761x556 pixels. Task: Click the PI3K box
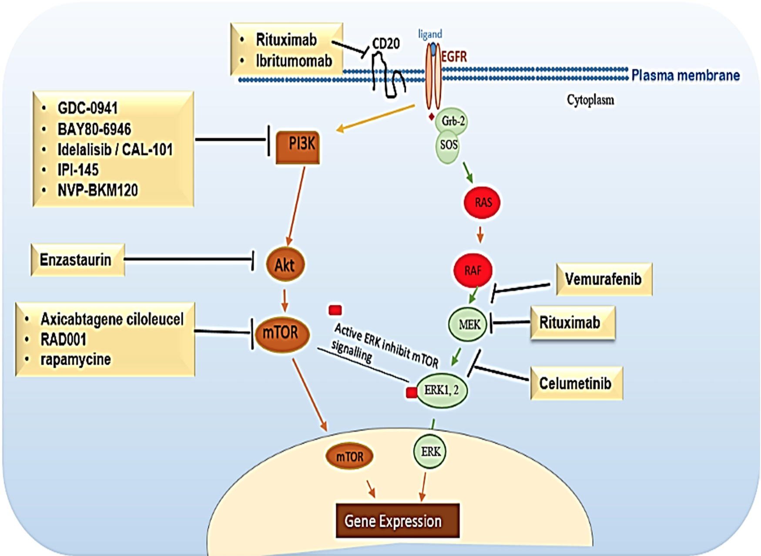pos(298,147)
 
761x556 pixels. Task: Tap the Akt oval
pos(285,264)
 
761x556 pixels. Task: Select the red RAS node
pos(482,202)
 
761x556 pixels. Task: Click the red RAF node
pos(473,270)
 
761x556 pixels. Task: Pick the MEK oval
pos(468,324)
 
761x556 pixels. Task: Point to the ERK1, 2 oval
pos(442,390)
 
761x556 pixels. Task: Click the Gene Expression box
pos(398,521)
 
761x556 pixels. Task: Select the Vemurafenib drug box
pos(604,279)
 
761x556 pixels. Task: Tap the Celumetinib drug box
pos(577,383)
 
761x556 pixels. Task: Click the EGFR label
pos(454,57)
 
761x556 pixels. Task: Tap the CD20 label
pos(386,44)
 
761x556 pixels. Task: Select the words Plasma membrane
pos(685,75)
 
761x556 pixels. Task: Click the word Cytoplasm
pos(590,100)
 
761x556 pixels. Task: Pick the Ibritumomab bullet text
pos(294,61)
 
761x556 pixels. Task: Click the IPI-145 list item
pos(78,170)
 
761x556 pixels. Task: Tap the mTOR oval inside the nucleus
pos(350,457)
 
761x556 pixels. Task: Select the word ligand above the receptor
pos(430,34)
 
